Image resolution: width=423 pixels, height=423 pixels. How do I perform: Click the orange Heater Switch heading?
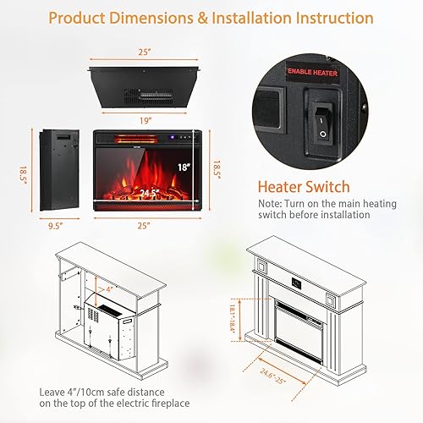click(303, 188)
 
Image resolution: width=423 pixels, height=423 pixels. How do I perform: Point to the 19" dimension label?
click(147, 120)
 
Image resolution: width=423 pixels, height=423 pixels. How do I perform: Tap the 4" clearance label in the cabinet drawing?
click(110, 289)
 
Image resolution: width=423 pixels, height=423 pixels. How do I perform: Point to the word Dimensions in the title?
click(157, 18)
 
